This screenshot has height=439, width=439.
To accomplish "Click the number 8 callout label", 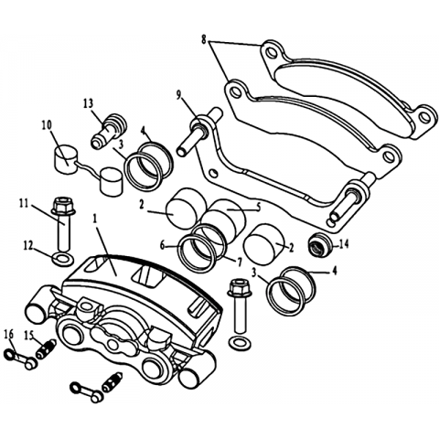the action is tap(204, 39).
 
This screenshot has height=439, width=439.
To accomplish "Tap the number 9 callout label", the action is tap(179, 95).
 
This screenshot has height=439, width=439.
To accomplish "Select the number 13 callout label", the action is tap(89, 104).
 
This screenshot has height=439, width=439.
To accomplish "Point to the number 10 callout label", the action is tap(48, 125).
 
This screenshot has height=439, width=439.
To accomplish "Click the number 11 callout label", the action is tap(24, 202).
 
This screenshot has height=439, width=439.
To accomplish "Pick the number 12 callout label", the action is tap(28, 246).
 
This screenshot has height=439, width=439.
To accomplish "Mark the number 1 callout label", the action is tap(95, 219).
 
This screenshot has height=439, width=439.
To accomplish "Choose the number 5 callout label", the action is tap(258, 208).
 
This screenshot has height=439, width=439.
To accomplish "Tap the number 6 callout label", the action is tap(163, 245).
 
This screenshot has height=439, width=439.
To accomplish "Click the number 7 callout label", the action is tap(239, 262).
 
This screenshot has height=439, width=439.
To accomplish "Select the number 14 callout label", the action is tap(344, 244).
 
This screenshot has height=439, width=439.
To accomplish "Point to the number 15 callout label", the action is tap(29, 336).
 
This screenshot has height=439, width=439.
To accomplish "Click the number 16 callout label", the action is tap(9, 335).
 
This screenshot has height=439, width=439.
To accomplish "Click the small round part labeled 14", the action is tap(319, 244).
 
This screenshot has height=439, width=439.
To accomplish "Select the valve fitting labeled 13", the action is tap(109, 132).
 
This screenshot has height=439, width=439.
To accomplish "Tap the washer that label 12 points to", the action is tap(63, 260).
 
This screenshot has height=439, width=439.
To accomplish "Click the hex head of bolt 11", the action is tap(63, 206).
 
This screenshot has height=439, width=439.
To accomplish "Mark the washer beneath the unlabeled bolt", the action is tap(240, 342).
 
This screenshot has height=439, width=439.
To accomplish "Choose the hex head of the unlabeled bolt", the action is tap(240, 288).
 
